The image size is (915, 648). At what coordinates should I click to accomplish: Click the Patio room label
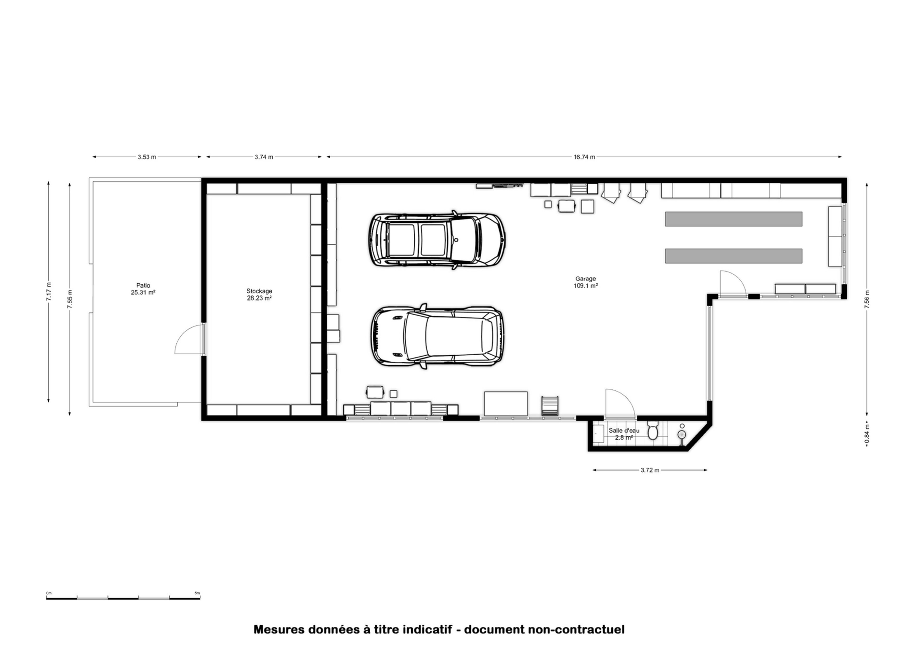pyautogui.click(x=143, y=289)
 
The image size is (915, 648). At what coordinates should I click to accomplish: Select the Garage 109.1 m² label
pyautogui.click(x=585, y=282)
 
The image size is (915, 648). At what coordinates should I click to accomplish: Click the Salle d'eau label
pyautogui.click(x=624, y=430)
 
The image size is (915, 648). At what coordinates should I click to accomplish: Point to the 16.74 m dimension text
pyautogui.click(x=584, y=157)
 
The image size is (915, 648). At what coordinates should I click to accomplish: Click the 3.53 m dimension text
pyautogui.click(x=147, y=157)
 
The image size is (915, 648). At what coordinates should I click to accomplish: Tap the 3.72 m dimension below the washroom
pyautogui.click(x=650, y=470)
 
